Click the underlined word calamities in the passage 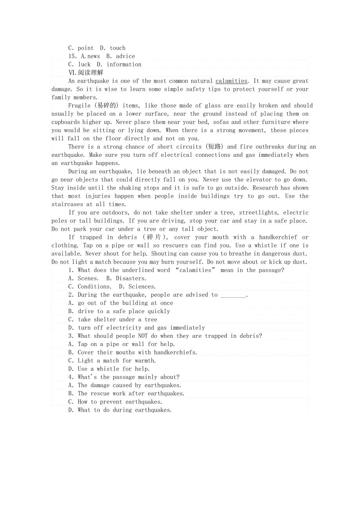point(231,81)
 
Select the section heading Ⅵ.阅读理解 point(86,73)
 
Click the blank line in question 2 point(233,295)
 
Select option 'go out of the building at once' point(125,303)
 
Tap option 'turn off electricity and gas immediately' point(141,328)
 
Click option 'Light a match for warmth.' point(117,360)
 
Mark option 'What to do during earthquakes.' point(124,410)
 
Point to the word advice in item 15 point(125,56)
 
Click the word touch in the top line point(117,48)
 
